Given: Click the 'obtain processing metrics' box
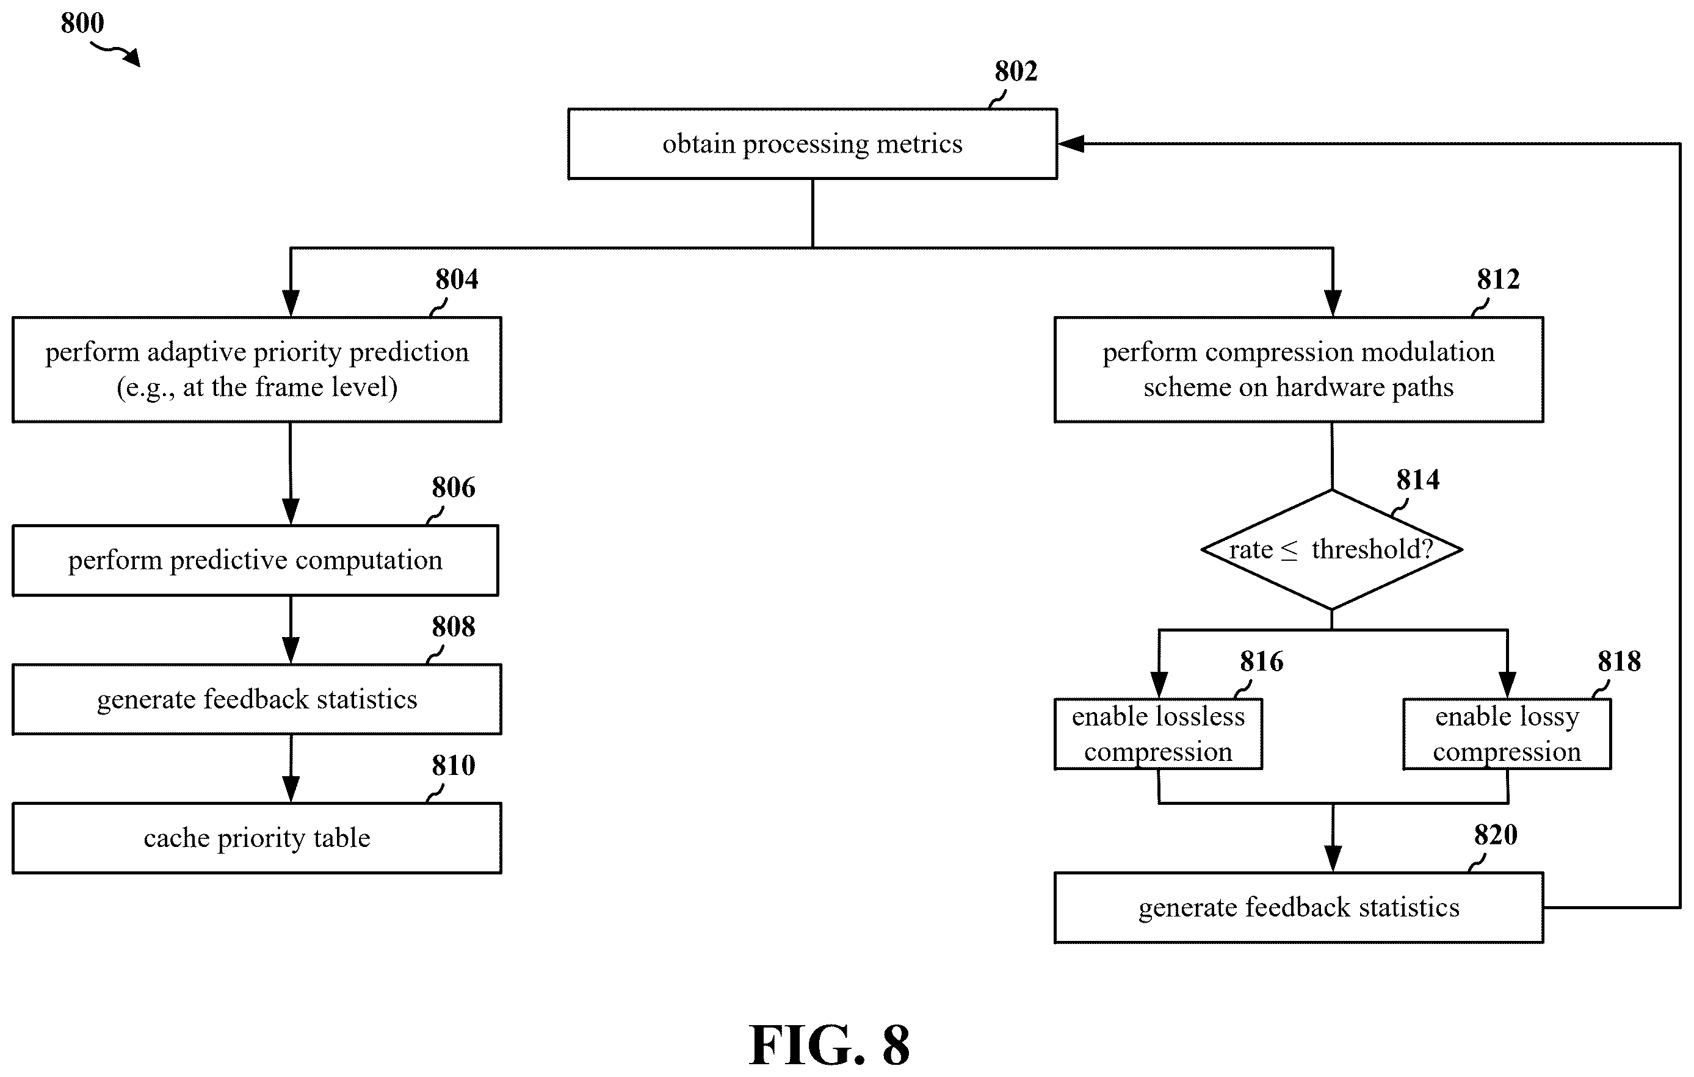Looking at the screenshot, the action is click(813, 143).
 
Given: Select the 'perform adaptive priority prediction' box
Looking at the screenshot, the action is click(257, 369).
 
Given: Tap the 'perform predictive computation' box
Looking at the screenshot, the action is click(255, 560).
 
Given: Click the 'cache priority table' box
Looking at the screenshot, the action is click(257, 838).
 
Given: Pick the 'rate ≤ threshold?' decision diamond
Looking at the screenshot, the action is click(1332, 549).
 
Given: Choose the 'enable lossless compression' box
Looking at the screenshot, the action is click(1158, 734).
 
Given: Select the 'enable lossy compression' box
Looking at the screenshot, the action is click(1507, 734).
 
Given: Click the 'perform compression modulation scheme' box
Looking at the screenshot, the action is click(1298, 369).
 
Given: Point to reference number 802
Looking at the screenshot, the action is click(1016, 71).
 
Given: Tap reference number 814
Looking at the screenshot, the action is click(1417, 480).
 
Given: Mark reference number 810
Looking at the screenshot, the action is click(453, 766).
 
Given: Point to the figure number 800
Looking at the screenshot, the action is click(82, 23).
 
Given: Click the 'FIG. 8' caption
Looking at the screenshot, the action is click(830, 1045).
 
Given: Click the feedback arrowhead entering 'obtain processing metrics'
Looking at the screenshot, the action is click(1071, 143).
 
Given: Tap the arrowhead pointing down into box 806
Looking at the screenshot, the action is click(291, 512).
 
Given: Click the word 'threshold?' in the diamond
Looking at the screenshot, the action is click(1372, 549).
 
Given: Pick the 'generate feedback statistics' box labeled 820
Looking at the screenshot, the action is click(1298, 907).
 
